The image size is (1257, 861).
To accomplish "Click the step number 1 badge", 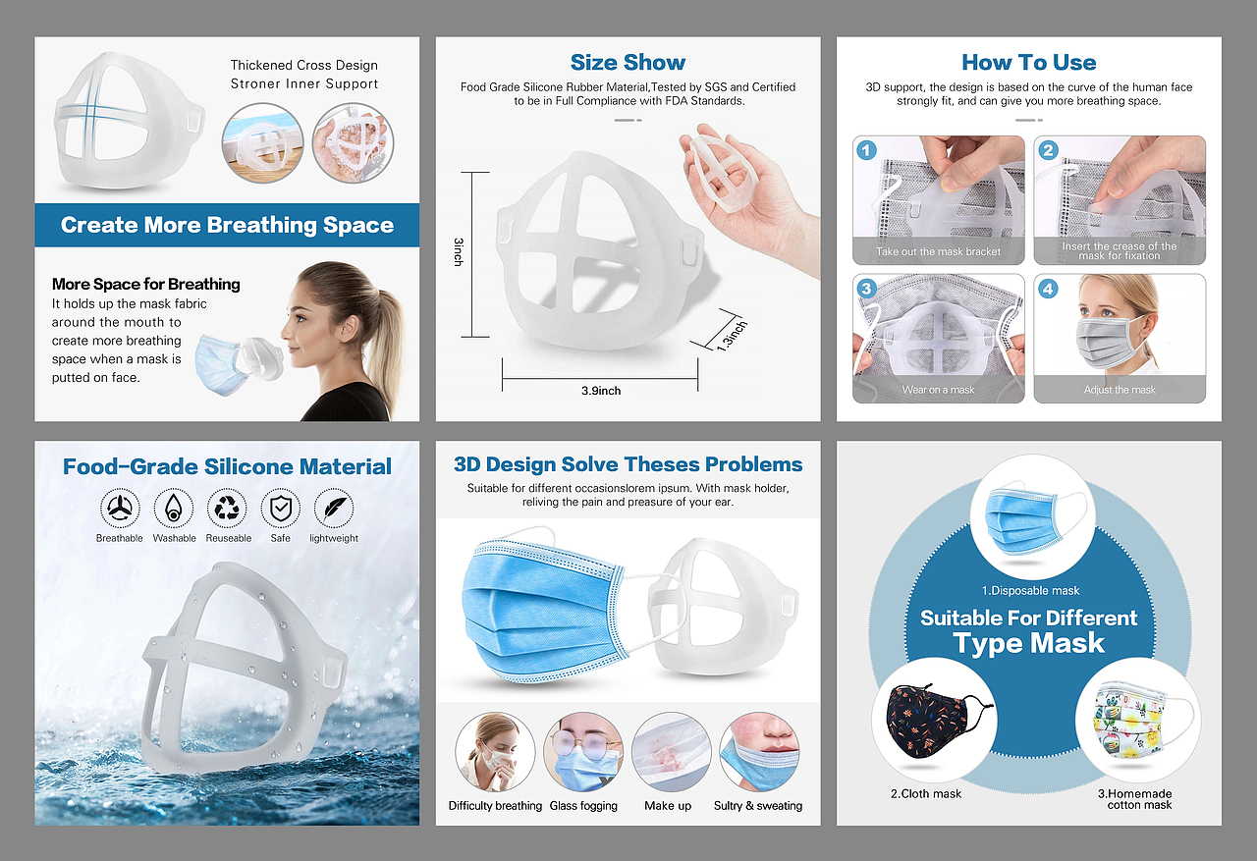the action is tap(866, 150).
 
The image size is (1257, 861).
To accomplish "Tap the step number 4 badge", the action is tap(1048, 289).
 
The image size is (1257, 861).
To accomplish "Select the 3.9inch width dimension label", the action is tap(601, 391).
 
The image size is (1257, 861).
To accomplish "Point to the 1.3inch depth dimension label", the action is tap(732, 336).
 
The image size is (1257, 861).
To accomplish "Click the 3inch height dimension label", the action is tap(459, 252).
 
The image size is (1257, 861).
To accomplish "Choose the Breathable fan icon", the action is tap(120, 509).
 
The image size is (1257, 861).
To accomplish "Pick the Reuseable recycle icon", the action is tap(227, 509).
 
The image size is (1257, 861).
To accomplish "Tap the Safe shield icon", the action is tap(281, 509).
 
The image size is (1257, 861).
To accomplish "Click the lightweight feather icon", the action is tap(334, 509).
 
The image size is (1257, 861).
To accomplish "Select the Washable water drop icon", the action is tap(174, 509).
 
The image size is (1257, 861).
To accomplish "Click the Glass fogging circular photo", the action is tap(583, 752).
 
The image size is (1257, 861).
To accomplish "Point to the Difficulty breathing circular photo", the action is tap(495, 752).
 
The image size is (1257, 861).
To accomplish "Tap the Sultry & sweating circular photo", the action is tap(759, 752).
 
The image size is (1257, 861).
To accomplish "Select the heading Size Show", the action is tap(628, 62).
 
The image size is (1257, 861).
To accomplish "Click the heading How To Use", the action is tap(1028, 62).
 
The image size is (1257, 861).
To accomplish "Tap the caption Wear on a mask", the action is tap(938, 390).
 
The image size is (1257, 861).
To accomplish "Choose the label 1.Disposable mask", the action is tap(1030, 591).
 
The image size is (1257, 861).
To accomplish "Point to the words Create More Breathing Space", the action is tap(227, 225).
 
